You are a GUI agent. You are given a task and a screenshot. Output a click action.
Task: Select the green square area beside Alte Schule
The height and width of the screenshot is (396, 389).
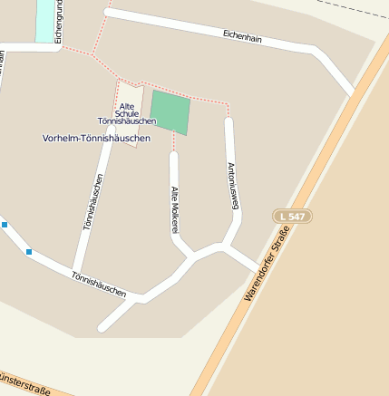point(170,112)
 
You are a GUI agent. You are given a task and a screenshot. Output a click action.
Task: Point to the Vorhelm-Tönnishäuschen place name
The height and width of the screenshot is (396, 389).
point(96,138)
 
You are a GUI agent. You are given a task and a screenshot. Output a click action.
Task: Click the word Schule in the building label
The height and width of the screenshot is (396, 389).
point(128,113)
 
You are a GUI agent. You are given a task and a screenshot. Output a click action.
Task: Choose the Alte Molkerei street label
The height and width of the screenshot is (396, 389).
point(174,209)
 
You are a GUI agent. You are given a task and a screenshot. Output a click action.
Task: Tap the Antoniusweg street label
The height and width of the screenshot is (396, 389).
point(231,186)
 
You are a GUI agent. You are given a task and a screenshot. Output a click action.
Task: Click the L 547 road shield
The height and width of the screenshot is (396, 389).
point(292,216)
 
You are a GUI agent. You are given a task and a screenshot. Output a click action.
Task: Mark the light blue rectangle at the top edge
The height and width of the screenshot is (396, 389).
point(44,20)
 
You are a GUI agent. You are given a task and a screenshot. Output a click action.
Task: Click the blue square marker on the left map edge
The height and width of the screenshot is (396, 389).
point(4,224)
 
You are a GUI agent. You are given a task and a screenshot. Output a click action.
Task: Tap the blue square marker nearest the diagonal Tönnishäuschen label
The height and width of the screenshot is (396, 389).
point(29,251)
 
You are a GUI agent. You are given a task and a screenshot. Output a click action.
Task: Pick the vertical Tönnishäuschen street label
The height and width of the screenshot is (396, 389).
point(93,201)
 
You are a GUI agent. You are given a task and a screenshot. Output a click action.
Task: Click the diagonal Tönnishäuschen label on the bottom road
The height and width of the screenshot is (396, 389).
point(98,283)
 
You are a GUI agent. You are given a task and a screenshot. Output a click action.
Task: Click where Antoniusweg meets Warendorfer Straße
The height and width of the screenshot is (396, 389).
point(261,270)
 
